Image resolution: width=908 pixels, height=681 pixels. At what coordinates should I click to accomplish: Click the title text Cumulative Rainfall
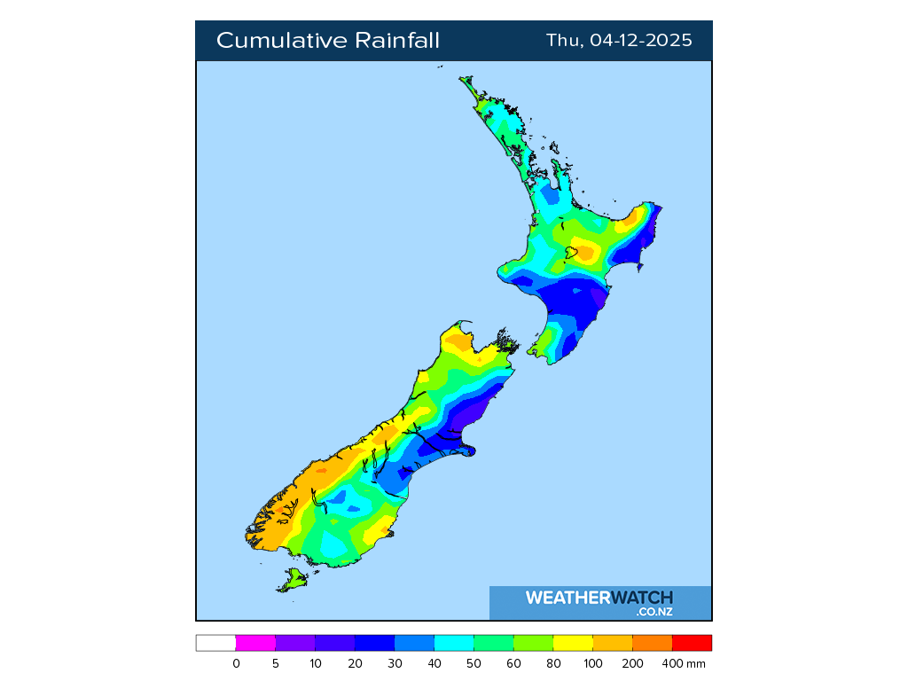[x=327, y=41]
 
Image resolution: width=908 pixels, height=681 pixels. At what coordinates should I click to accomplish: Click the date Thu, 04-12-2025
[x=619, y=41]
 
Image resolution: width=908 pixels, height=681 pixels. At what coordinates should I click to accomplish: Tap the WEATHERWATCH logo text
[x=599, y=598]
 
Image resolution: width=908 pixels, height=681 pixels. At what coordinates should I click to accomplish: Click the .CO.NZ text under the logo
[x=654, y=612]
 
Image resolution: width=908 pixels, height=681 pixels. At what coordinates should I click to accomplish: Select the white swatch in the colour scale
[x=215, y=643]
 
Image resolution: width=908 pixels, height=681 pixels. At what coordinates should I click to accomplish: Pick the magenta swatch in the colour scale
[x=255, y=643]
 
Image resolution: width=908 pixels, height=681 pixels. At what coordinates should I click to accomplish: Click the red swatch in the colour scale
[x=692, y=643]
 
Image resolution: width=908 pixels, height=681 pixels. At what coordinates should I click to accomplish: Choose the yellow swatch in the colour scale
[x=573, y=643]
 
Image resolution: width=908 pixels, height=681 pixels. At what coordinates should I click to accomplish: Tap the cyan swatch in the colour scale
[x=454, y=643]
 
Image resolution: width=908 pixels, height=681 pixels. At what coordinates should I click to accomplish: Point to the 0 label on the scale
[x=236, y=663]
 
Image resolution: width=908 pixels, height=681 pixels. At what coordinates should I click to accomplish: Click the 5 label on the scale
[x=276, y=663]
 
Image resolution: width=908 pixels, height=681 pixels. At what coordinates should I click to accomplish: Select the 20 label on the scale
[x=355, y=663]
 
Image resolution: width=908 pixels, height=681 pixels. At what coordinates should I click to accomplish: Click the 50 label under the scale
[x=474, y=663]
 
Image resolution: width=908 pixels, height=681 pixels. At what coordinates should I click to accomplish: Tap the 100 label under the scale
[x=592, y=663]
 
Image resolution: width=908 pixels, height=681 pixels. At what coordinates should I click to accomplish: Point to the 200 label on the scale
[x=632, y=663]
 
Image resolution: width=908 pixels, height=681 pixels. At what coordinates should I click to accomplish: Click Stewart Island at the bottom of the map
[x=293, y=581]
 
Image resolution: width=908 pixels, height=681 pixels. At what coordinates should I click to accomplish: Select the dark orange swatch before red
[x=652, y=643]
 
